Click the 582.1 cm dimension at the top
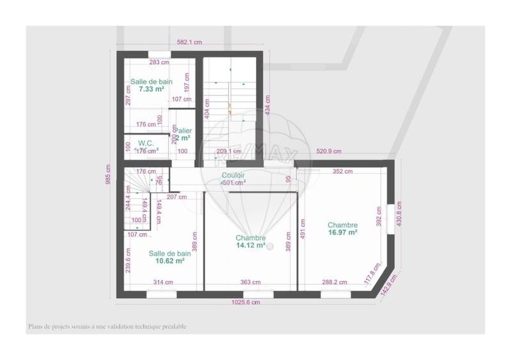(190, 43)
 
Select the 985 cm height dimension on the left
(109, 174)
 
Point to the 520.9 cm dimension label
(329, 151)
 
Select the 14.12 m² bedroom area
(250, 244)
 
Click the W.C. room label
(145, 143)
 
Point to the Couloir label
(233, 175)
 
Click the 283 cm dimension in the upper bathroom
(159, 63)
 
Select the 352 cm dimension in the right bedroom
(343, 171)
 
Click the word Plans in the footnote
(35, 326)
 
